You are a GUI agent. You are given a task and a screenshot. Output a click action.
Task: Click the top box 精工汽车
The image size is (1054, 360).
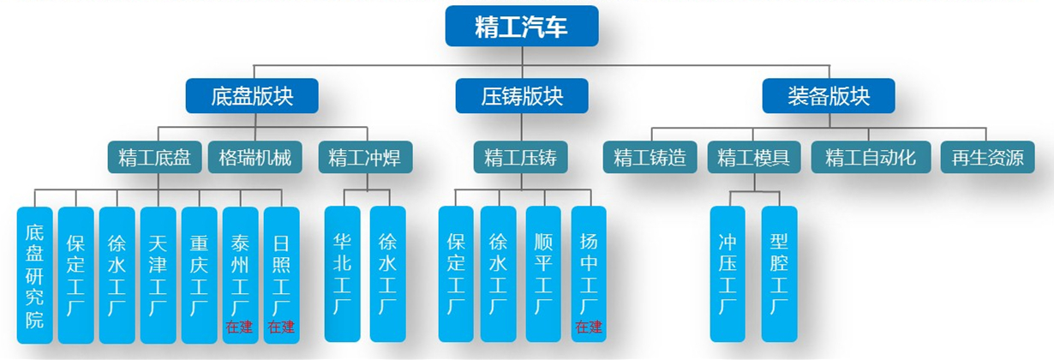(521, 26)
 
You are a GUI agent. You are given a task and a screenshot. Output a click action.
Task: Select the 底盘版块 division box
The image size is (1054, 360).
(252, 96)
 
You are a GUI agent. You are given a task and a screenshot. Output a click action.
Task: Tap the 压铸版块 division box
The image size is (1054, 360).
(521, 96)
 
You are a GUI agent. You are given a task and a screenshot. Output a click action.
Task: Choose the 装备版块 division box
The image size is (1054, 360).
(829, 96)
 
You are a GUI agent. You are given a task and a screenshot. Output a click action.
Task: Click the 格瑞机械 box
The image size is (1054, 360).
(255, 158)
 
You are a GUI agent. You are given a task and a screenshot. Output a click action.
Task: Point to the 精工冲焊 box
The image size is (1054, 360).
(364, 158)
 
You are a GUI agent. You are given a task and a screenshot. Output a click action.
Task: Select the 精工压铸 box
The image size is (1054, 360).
(520, 158)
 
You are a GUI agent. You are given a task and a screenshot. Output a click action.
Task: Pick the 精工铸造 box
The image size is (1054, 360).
(650, 158)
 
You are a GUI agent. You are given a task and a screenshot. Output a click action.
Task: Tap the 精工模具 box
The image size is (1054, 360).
(754, 158)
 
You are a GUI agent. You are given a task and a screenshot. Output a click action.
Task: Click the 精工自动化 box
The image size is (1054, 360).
(871, 158)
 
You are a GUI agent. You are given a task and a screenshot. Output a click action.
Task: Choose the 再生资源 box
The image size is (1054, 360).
(987, 158)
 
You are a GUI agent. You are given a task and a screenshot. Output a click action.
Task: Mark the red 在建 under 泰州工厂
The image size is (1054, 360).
(240, 327)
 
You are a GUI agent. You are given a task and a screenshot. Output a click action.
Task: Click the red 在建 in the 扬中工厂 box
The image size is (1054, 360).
(589, 327)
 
